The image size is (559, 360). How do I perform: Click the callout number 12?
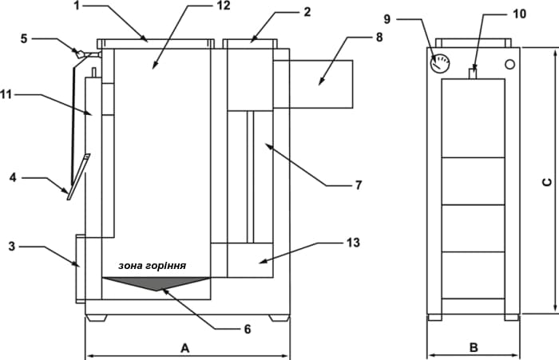[x=224, y=6]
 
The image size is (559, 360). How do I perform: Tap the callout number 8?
[x=379, y=37]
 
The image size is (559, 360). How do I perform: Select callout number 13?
[x=353, y=243]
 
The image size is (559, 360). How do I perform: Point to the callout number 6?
[x=248, y=329]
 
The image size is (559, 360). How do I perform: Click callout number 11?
[x=6, y=95]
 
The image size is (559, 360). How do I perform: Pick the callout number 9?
[x=387, y=19]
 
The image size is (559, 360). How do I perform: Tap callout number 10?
[x=519, y=14]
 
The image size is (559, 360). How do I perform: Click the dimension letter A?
[x=184, y=348]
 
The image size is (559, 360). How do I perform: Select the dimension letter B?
[x=474, y=347]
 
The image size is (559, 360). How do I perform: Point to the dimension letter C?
[x=547, y=182]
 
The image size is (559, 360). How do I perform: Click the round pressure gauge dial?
[x=440, y=63]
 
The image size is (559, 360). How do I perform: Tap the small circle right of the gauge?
[x=509, y=65]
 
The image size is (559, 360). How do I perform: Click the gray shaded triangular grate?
[x=157, y=283]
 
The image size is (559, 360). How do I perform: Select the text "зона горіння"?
[x=153, y=266]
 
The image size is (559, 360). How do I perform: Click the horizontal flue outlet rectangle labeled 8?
[x=313, y=84]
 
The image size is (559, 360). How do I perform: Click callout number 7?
[x=359, y=185]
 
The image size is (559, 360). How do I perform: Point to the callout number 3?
[x=12, y=247]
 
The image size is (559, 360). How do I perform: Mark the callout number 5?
[x=24, y=38]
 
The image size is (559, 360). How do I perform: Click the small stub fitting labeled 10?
[x=473, y=73]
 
